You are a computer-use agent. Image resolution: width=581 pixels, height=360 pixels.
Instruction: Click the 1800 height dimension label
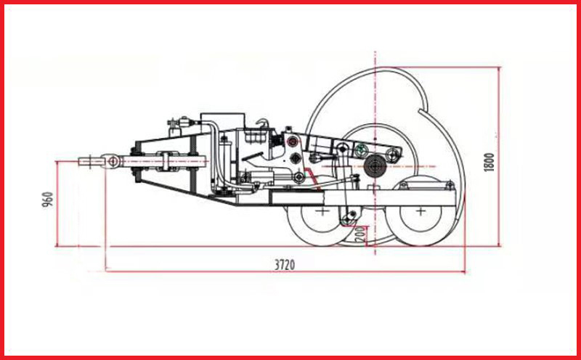[x=489, y=162]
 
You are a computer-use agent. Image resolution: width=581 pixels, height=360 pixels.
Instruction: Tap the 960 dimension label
[x=48, y=200]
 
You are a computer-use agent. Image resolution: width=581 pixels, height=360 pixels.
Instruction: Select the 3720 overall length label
[x=285, y=265]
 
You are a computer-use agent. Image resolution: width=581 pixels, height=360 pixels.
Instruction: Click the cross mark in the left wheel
[x=322, y=211]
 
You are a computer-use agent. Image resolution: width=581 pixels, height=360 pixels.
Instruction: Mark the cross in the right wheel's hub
[x=420, y=211]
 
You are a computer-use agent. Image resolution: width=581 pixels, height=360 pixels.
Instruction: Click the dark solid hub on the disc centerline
[x=375, y=166]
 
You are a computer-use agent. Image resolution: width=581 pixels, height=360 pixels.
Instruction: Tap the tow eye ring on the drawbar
[x=113, y=161]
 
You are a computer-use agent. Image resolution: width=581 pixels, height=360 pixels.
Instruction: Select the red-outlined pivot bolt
[x=293, y=141]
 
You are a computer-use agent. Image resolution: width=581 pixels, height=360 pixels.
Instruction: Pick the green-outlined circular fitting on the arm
[x=361, y=151]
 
